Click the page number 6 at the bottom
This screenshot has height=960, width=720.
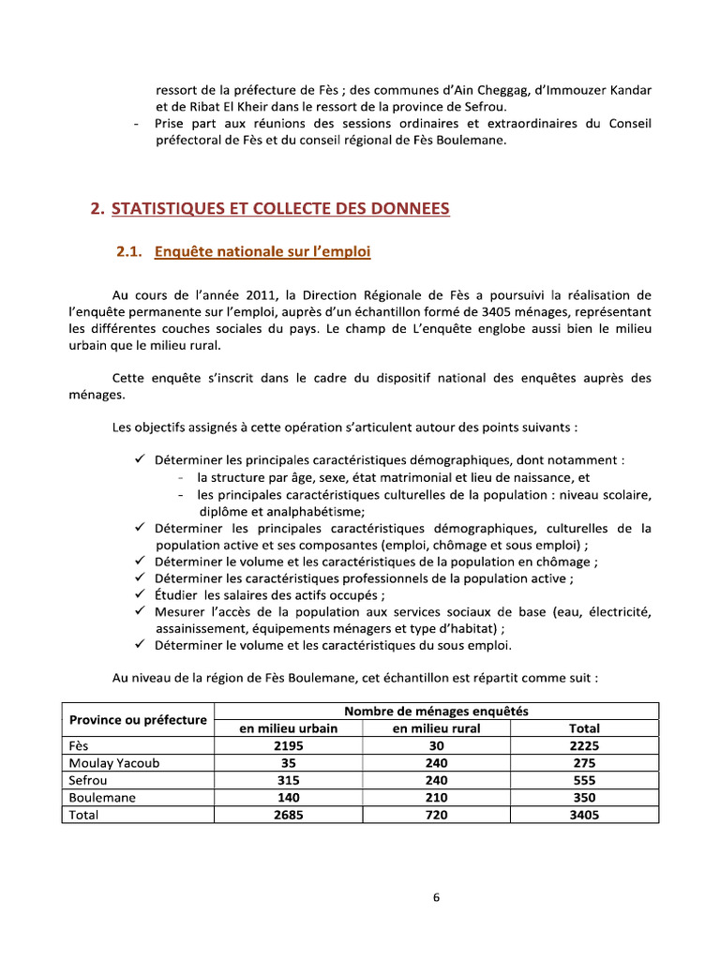pos(436,897)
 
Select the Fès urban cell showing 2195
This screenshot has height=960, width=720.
pos(289,745)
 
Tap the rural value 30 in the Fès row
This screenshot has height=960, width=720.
pos(437,745)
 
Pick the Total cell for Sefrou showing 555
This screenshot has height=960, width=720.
pos(584,780)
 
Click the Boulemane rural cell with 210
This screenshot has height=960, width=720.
pos(437,797)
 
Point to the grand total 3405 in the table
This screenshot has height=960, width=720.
pos(584,815)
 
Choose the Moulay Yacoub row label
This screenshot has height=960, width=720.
pos(114,763)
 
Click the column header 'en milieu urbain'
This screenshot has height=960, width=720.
pos(289,728)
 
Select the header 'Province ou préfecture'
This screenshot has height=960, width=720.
pos(138,720)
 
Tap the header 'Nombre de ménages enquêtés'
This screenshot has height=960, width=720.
pos(436,712)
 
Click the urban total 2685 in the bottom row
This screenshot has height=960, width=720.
pos(289,815)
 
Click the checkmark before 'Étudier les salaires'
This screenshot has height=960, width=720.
pos(139,595)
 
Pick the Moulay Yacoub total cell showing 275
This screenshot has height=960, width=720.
pos(584,763)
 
